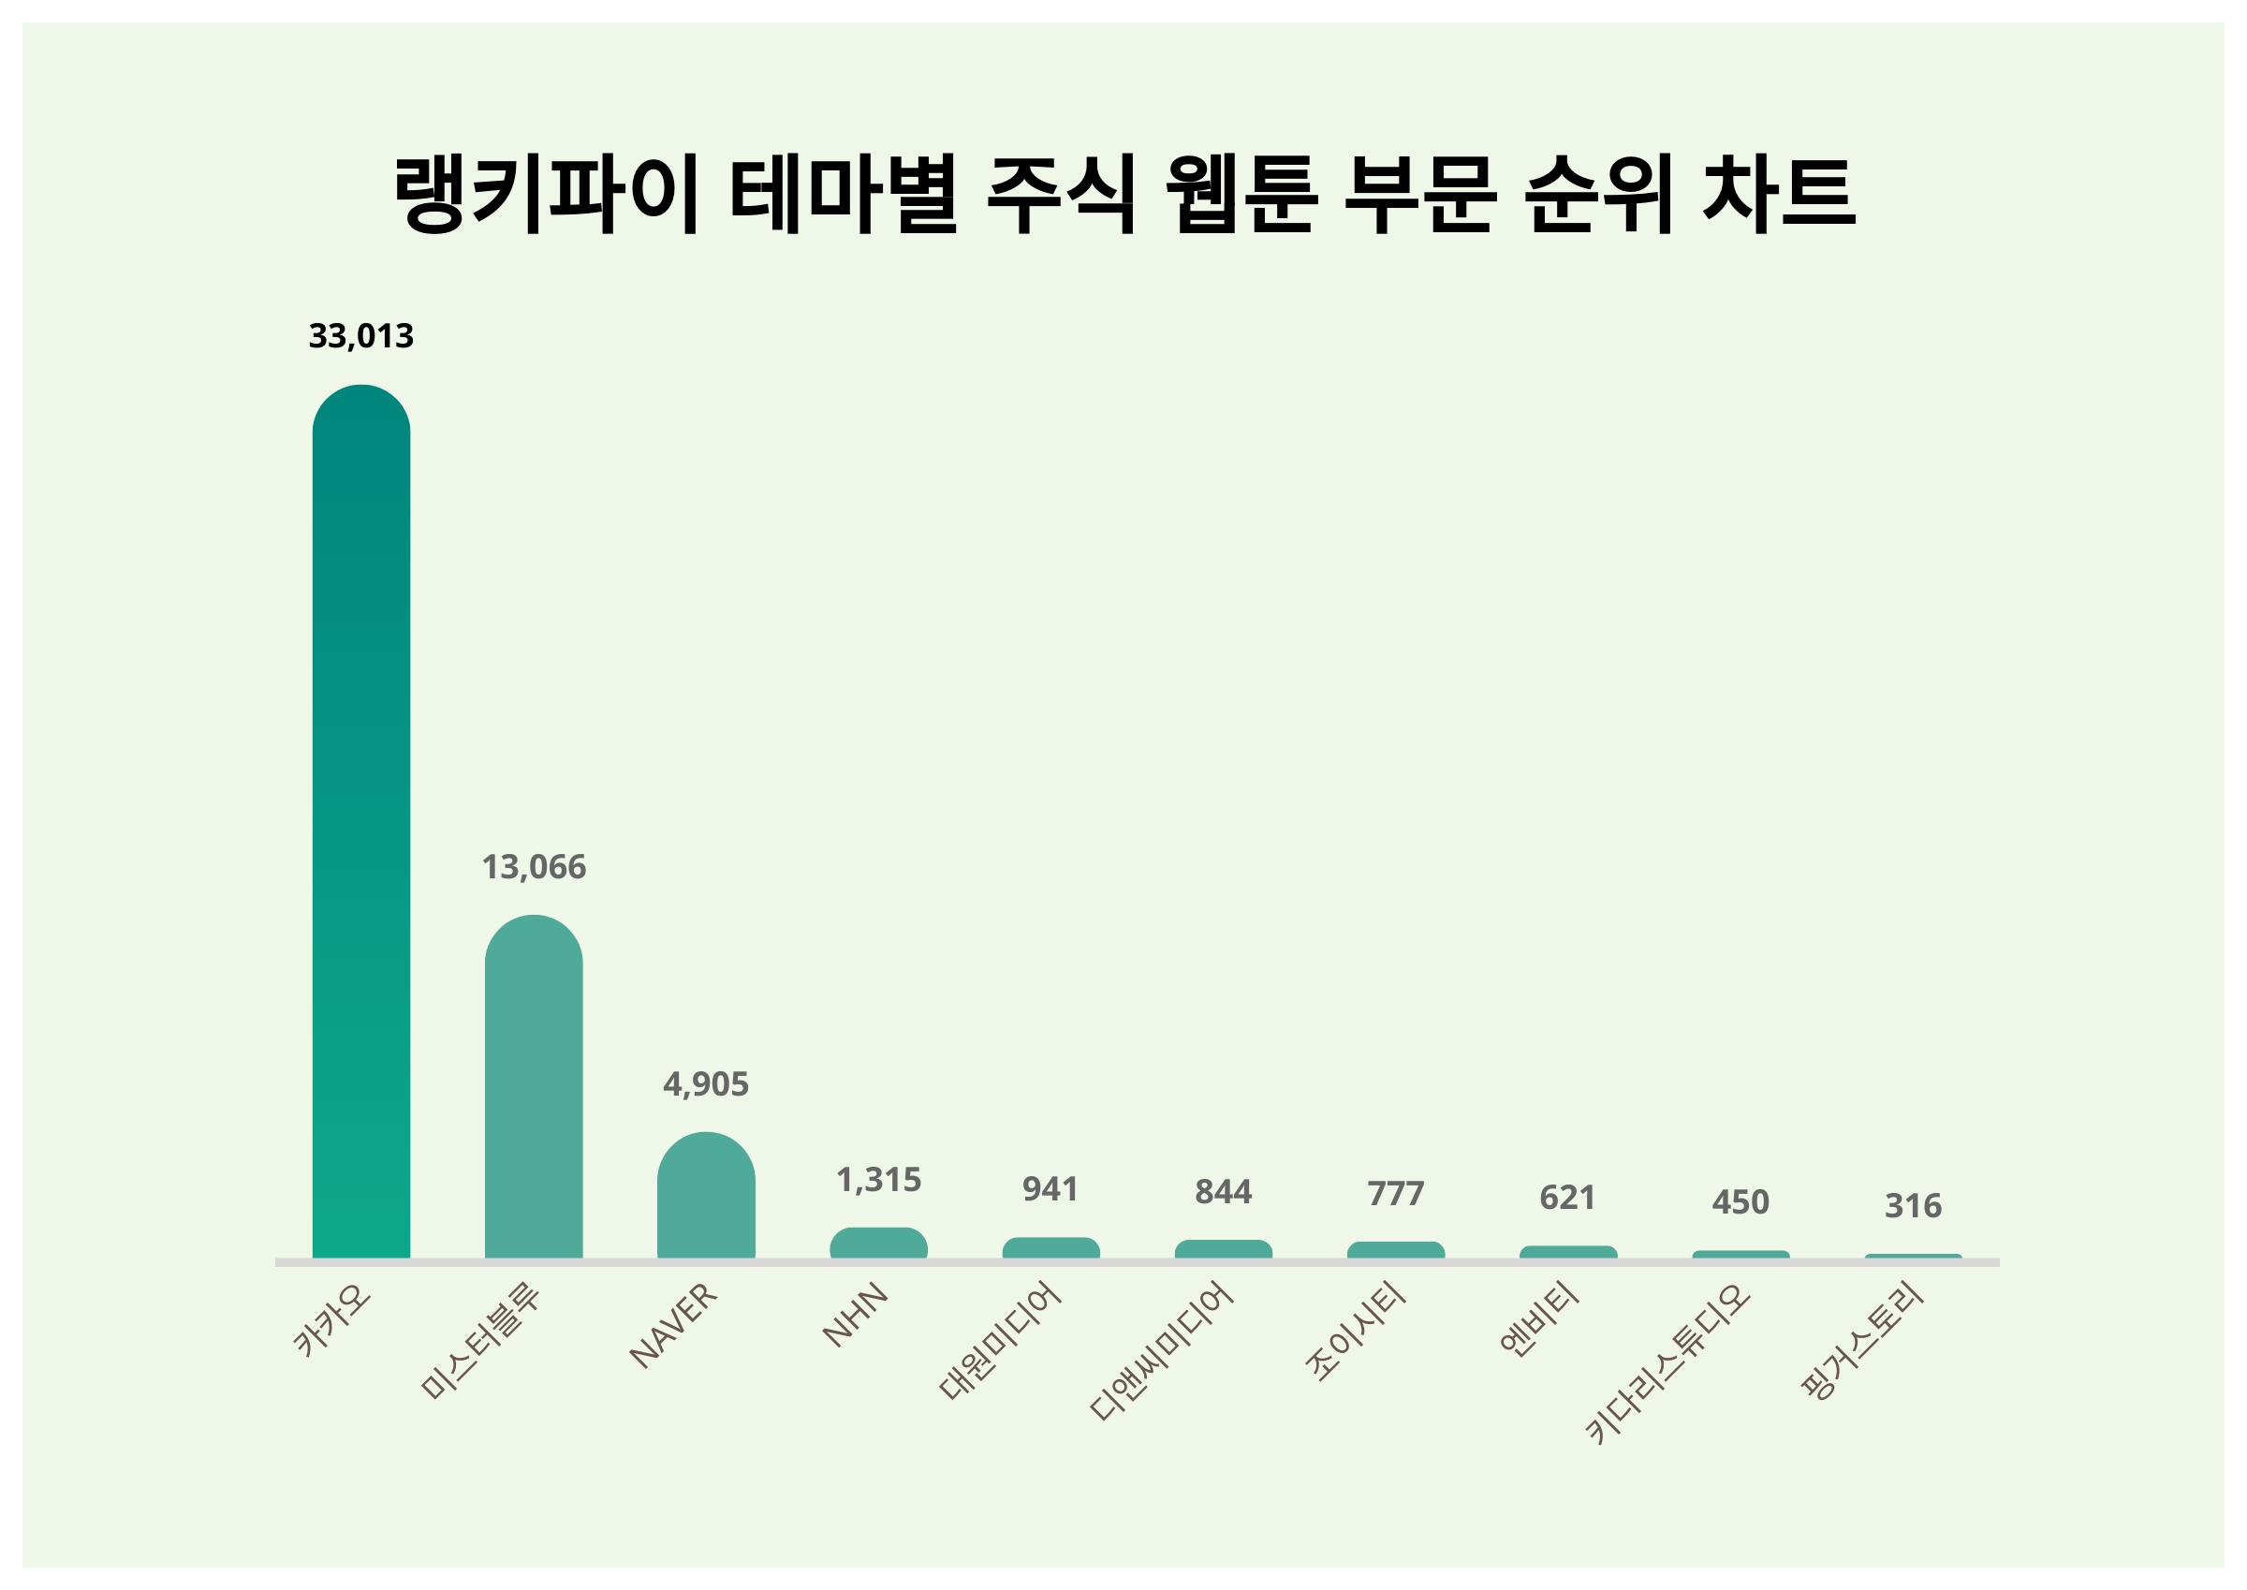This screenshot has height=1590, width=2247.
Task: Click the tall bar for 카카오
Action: click(x=361, y=822)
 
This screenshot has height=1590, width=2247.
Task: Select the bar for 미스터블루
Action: click(x=534, y=1087)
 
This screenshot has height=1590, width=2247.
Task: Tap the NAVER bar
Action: click(x=706, y=1196)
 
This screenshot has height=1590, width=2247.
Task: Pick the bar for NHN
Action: click(x=878, y=1243)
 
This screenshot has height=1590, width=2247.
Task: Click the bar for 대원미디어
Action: click(x=1050, y=1247)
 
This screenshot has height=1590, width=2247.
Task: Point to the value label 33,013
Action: click(x=361, y=336)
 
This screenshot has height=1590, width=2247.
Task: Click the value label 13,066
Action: click(x=534, y=866)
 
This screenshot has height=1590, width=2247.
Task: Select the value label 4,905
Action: click(x=706, y=1083)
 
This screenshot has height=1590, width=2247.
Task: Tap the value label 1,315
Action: click(x=878, y=1180)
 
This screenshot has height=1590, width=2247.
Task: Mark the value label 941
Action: click(x=1050, y=1188)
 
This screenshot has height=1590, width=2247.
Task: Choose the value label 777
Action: click(x=1396, y=1194)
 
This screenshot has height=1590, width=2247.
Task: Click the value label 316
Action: click(x=1914, y=1205)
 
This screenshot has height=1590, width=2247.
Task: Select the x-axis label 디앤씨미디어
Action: click(x=1162, y=1351)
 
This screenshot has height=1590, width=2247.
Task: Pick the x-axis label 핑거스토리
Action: click(x=1863, y=1341)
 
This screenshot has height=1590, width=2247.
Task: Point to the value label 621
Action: click(x=1568, y=1198)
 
